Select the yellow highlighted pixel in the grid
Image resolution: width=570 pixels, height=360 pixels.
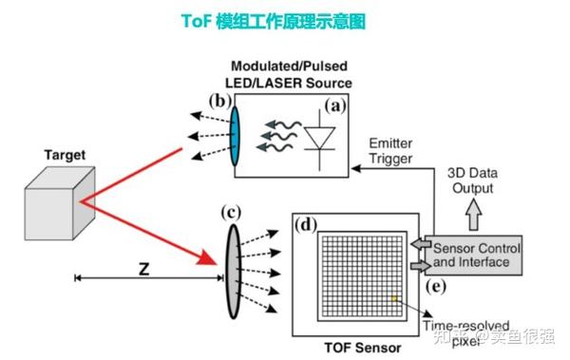[392, 299]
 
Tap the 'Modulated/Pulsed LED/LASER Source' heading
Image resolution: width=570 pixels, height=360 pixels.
[291, 76]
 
